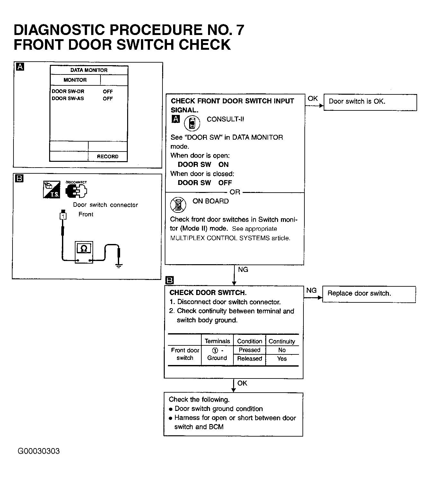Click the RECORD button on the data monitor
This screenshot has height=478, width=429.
click(x=108, y=157)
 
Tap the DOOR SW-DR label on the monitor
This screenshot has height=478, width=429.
click(x=68, y=91)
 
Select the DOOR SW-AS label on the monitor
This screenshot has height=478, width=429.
click(x=68, y=99)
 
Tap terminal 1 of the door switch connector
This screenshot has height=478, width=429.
click(x=63, y=216)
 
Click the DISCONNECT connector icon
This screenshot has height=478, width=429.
click(x=76, y=191)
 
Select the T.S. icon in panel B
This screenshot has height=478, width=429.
click(x=51, y=190)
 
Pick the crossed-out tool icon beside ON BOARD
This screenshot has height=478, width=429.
click(x=178, y=204)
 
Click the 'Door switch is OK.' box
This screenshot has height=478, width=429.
click(x=370, y=102)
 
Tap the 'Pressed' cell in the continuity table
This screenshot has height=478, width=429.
click(x=250, y=350)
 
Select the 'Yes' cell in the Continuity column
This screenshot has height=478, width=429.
click(x=282, y=359)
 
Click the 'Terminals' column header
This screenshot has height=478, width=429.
click(x=217, y=341)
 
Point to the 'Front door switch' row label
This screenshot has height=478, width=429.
click(x=185, y=354)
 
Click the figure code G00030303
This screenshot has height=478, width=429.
click(x=39, y=451)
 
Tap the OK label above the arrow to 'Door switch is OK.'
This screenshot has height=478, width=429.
click(x=312, y=99)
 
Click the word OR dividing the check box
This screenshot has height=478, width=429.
click(x=235, y=192)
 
